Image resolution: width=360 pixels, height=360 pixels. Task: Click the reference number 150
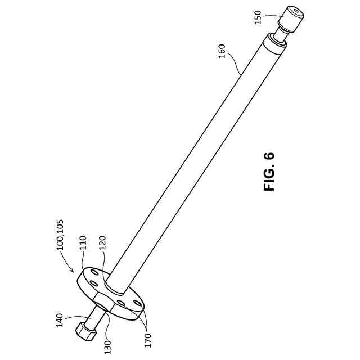pyautogui.click(x=258, y=17)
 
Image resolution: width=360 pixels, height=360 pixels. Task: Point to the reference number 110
pyautogui.click(x=83, y=243)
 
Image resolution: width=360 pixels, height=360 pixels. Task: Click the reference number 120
pyautogui.click(x=102, y=244)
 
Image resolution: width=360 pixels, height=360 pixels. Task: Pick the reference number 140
pyautogui.click(x=60, y=320)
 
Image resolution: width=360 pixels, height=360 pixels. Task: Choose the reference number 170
pyautogui.click(x=148, y=341)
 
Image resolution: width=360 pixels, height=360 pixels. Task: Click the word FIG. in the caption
pyautogui.click(x=270, y=179)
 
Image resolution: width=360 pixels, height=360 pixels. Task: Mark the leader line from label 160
pyautogui.click(x=233, y=66)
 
